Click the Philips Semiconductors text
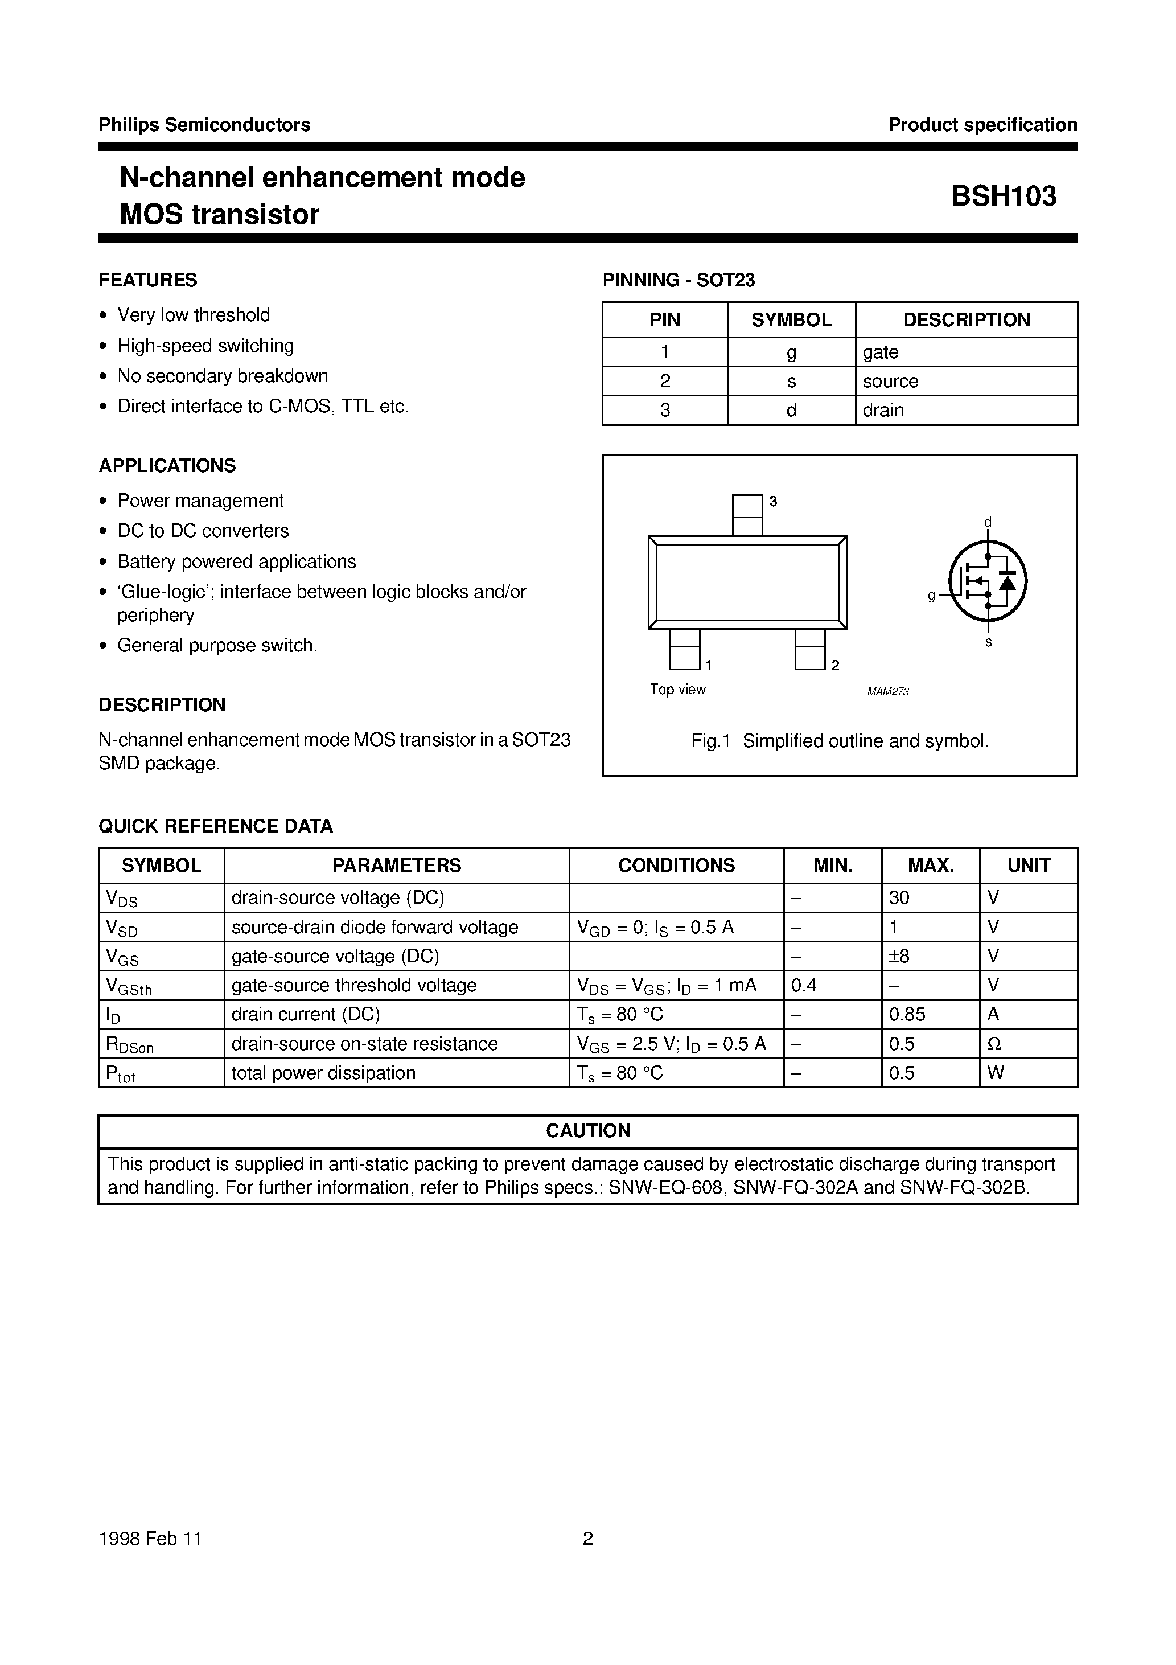coord(204,125)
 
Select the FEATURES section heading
coord(148,280)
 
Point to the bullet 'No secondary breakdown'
coord(223,376)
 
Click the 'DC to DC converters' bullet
coord(203,531)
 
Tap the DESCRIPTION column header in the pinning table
coord(966,320)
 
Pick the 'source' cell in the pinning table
coord(890,382)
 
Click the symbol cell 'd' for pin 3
coord(791,411)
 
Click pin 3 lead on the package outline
coord(747,515)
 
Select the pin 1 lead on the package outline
coord(684,649)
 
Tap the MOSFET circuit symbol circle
coord(988,581)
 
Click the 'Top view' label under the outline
coord(677,690)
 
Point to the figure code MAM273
coord(887,692)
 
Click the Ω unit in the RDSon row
coord(994,1044)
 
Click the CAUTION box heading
coord(588,1130)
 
